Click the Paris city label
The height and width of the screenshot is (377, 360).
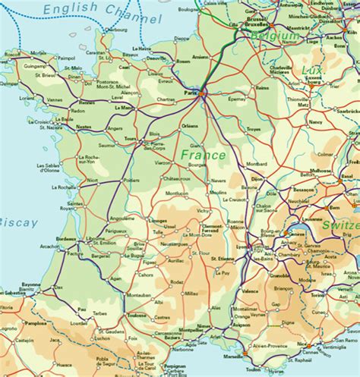191,93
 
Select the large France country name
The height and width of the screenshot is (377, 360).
203,155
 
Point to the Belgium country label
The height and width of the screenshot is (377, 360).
275,36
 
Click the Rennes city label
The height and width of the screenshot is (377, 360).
87,102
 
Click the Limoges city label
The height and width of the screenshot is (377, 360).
158,220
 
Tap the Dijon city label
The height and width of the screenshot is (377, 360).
257,180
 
